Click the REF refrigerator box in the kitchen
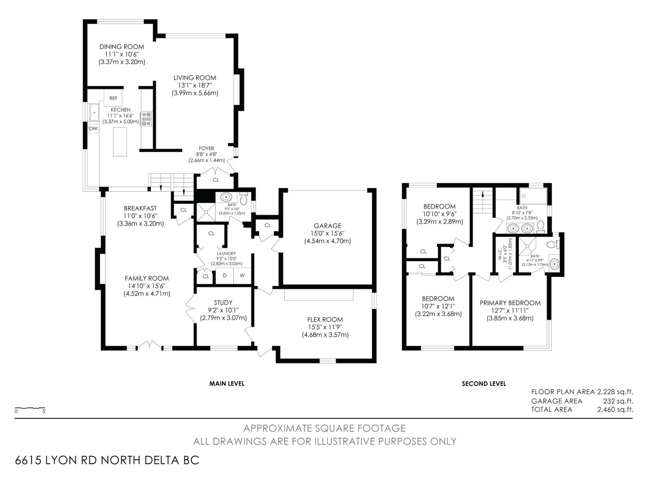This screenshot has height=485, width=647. tap(113, 98)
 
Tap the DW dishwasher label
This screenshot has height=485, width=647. tap(93, 129)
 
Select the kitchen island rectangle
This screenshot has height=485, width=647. tap(120, 141)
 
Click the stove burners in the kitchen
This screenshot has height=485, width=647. tap(146, 119)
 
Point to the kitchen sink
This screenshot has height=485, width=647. tap(94, 112)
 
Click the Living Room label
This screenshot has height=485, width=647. tap(195, 78)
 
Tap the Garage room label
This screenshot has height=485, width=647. tap(328, 226)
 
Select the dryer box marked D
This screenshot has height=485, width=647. tap(224, 276)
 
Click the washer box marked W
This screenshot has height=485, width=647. tap(242, 276)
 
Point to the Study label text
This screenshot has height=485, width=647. tap(223, 302)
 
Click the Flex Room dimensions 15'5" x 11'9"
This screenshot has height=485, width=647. tap(325, 327)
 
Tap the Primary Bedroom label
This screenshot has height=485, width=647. tap(510, 303)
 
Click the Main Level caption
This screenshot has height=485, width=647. tap(226, 383)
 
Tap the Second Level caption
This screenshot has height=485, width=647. tap(484, 384)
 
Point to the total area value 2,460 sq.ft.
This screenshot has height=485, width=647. tap(615, 409)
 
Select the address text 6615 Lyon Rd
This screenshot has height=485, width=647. tap(107, 460)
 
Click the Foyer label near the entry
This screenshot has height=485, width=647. tap(206, 148)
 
